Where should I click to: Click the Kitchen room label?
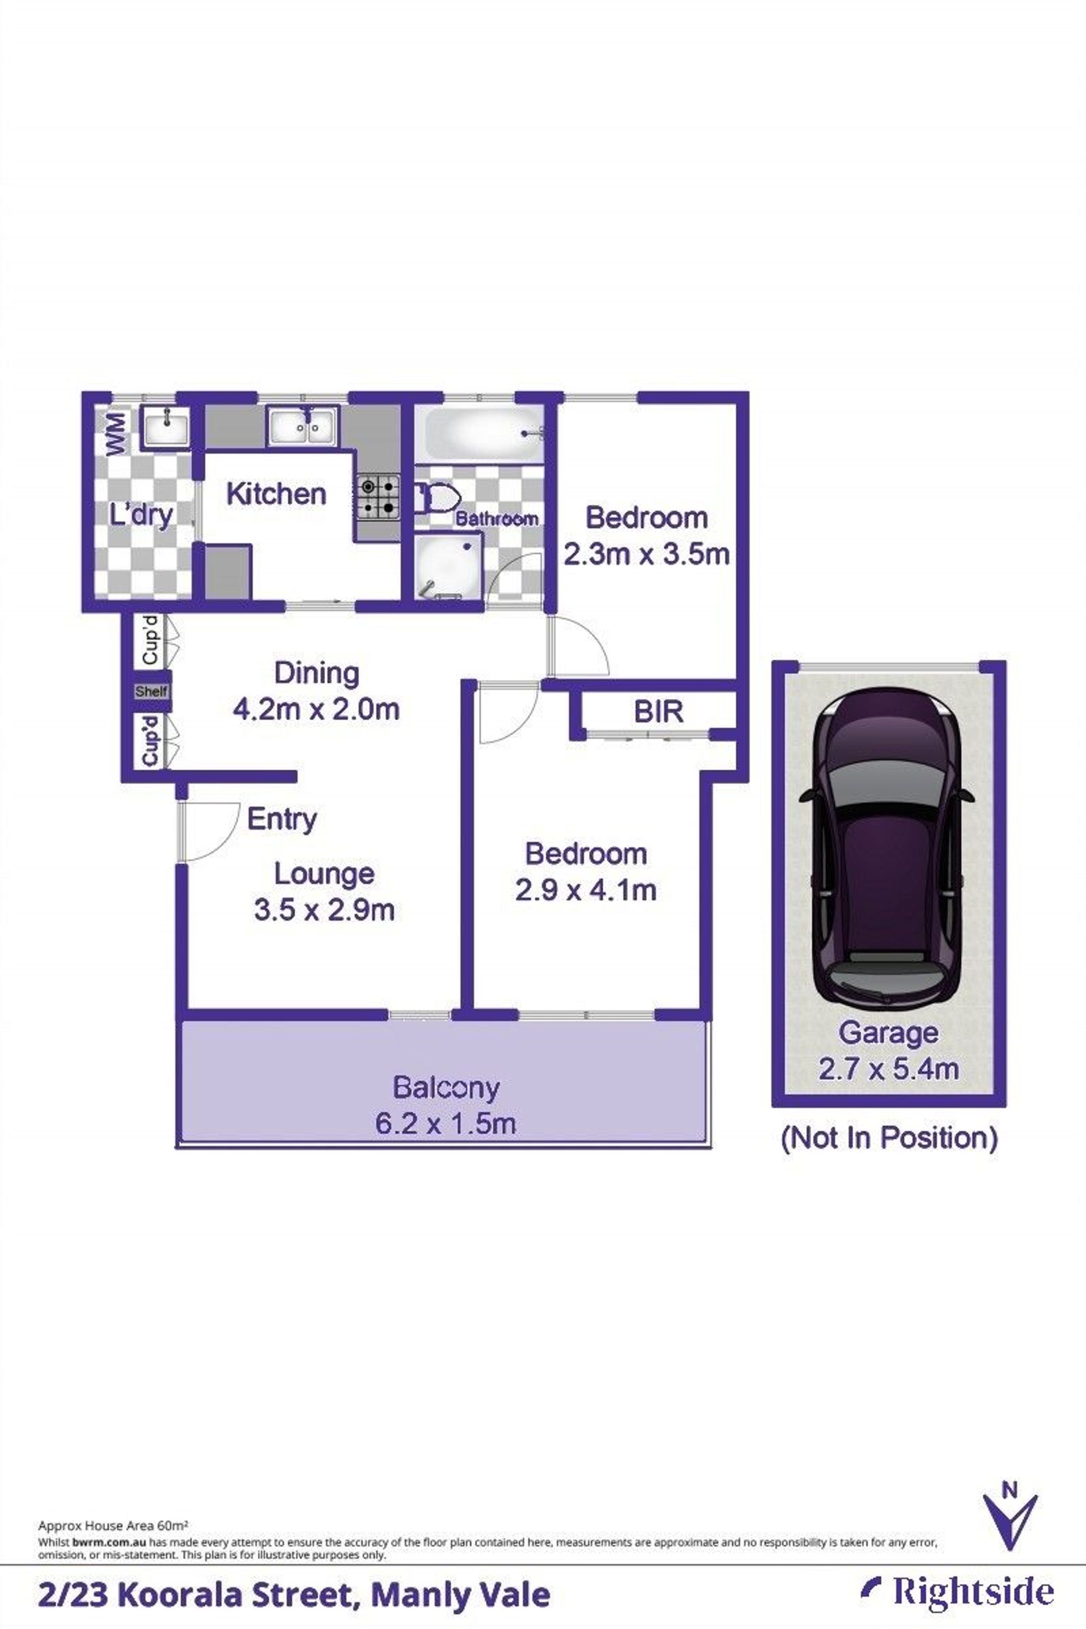276,495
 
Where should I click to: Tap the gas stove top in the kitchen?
378,497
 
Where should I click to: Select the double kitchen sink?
303,425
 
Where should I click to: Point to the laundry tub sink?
165,425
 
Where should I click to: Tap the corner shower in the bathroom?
446,567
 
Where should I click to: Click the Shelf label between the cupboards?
151,691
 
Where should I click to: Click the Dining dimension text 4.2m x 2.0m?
317,709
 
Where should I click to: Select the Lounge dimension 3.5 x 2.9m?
324,910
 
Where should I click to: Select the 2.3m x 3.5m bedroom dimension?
646,554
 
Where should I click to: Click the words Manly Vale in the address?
461,1595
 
